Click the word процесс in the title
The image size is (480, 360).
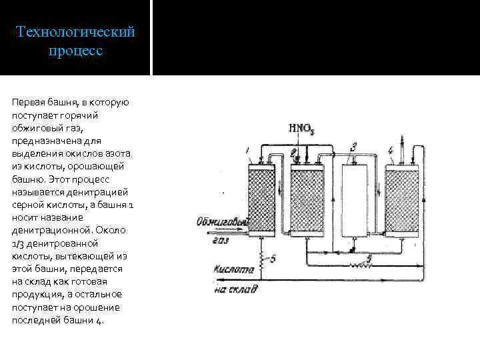pyautogui.click(x=75, y=51)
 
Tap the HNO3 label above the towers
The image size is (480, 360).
pyautogui.click(x=301, y=129)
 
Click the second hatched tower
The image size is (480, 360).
pyautogui.click(x=307, y=198)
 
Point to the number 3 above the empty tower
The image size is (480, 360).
pyautogui.click(x=354, y=145)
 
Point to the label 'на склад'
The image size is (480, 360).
pyautogui.click(x=233, y=289)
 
